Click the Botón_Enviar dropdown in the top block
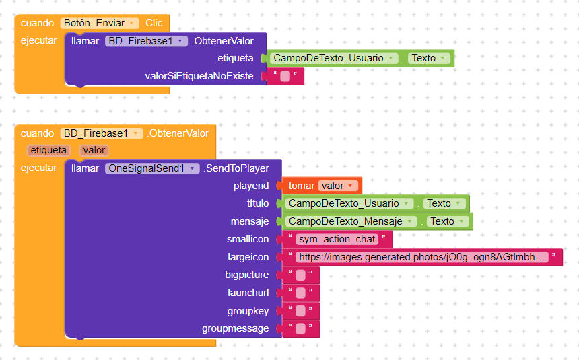click(x=100, y=23)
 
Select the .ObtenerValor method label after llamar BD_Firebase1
click(x=223, y=41)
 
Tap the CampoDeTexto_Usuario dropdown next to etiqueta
click(x=334, y=58)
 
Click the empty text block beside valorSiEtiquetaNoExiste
click(x=285, y=76)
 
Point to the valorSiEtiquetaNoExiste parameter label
click(x=199, y=76)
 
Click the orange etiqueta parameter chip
click(x=48, y=150)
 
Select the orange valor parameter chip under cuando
click(x=94, y=150)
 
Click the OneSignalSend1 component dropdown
click(x=152, y=168)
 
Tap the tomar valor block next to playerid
click(x=322, y=186)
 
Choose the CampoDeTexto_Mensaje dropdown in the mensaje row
click(x=351, y=221)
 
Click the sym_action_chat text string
click(x=337, y=240)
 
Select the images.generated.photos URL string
click(x=422, y=257)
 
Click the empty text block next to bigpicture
click(x=300, y=275)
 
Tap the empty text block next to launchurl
click(x=300, y=293)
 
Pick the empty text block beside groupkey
click(x=300, y=311)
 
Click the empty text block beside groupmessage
click(x=300, y=328)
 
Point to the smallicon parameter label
click(x=248, y=240)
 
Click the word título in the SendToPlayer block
click(x=258, y=203)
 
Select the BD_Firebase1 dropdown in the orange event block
click(x=102, y=133)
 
